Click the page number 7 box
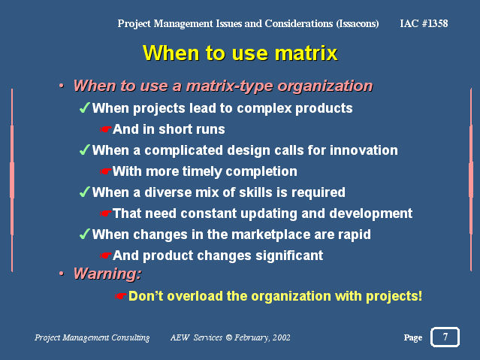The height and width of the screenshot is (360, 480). [x=445, y=337]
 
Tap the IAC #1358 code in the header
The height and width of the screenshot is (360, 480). [x=424, y=23]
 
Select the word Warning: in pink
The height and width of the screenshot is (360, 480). [x=107, y=274]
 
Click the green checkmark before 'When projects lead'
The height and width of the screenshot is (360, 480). [x=84, y=107]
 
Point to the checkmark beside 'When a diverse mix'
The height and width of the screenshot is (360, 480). [x=84, y=192]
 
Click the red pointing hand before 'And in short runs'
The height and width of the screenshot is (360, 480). [x=105, y=129]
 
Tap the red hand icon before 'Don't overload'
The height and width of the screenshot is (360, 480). [x=121, y=296]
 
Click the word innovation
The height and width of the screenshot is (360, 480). [x=364, y=150]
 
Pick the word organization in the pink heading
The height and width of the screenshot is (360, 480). [x=325, y=86]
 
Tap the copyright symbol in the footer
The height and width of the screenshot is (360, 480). [x=228, y=337]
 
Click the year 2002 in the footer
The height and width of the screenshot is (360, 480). [x=282, y=337]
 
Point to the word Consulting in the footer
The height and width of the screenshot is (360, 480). [x=131, y=337]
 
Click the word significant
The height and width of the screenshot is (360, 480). [x=289, y=256]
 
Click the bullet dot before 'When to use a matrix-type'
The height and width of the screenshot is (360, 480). [x=62, y=86]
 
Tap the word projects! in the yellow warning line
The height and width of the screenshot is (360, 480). [x=394, y=296]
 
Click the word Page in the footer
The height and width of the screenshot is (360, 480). [x=413, y=337]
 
